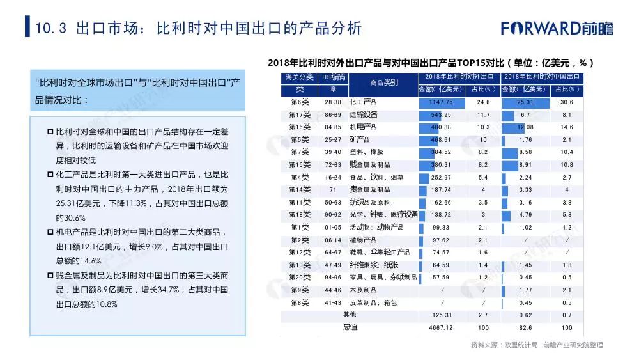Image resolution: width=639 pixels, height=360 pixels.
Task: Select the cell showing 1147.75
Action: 441,102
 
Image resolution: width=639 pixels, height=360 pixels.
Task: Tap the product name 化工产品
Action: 363,102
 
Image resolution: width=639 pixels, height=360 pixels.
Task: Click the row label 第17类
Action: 300,115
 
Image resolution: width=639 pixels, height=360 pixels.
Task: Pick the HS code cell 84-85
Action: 333,127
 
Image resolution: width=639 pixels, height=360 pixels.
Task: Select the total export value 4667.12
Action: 441,327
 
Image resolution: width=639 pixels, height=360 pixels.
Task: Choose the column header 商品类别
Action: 383,82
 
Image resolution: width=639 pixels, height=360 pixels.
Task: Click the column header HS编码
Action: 333,77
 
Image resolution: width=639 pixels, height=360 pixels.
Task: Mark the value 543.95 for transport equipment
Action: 441,115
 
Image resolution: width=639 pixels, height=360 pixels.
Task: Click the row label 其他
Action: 350,315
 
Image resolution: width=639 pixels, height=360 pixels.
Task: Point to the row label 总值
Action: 350,327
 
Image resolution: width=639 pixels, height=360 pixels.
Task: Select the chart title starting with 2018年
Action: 431,63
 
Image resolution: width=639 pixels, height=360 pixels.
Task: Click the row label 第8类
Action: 300,302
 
